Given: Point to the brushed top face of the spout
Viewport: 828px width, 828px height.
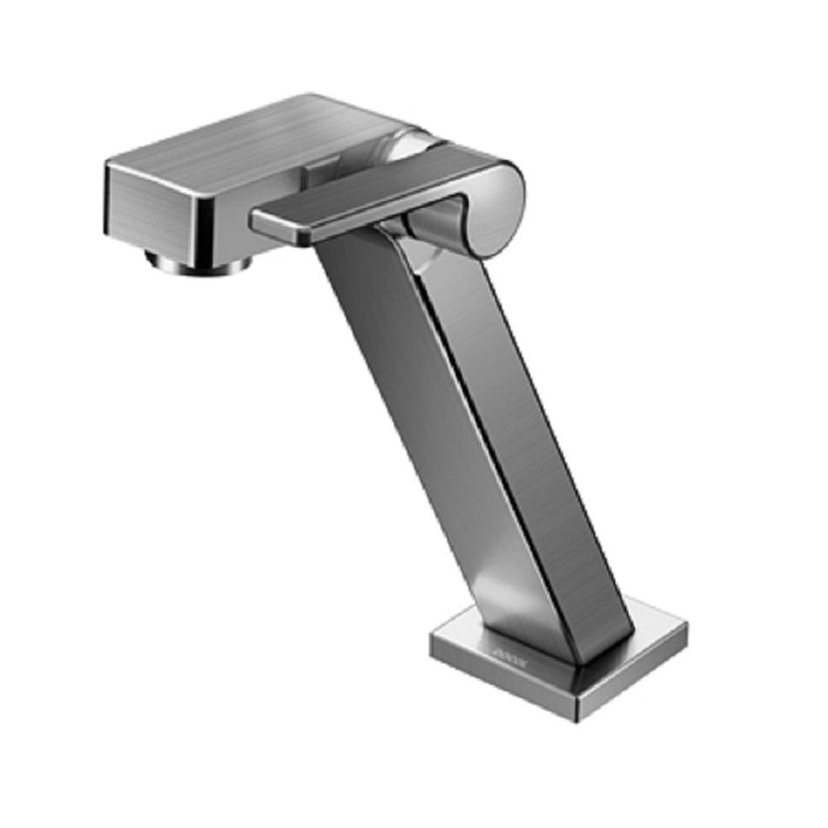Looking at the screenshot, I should tap(248, 141).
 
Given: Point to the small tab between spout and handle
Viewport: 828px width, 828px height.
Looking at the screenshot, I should tap(315, 176).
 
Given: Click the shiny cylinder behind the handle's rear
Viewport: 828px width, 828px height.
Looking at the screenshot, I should tap(406, 149).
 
